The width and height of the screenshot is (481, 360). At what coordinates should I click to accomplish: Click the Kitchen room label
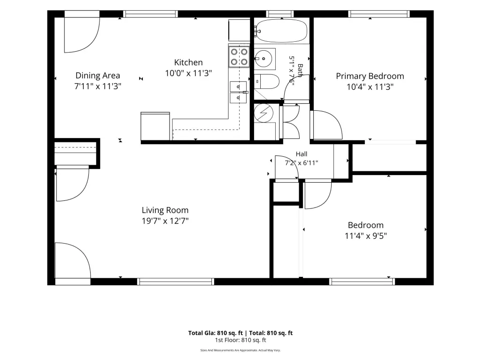click(x=188, y=62)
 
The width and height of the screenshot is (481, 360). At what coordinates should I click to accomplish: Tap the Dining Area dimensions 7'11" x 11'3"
click(x=98, y=86)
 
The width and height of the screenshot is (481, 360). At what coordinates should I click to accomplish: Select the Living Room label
click(x=165, y=210)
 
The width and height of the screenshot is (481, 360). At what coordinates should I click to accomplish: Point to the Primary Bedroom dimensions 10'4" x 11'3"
click(x=370, y=87)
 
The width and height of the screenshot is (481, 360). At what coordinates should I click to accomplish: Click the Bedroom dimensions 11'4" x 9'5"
click(x=365, y=236)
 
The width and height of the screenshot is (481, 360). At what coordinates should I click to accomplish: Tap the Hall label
click(x=302, y=154)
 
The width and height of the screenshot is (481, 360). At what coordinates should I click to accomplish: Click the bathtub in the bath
click(x=281, y=31)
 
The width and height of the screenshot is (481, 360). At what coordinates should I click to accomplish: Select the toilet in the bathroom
click(x=267, y=81)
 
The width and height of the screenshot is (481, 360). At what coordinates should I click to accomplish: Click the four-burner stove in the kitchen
click(x=239, y=57)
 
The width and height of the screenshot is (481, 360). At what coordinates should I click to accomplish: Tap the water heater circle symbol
click(x=264, y=113)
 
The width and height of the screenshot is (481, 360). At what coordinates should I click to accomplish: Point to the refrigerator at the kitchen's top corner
click(x=239, y=30)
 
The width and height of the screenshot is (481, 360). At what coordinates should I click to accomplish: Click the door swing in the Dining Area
click(x=82, y=35)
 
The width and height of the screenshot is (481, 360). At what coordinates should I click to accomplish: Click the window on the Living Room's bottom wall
click(x=176, y=282)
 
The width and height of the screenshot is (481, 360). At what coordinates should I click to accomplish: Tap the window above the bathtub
click(x=280, y=14)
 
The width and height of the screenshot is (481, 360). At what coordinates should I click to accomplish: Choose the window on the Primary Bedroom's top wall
click(x=379, y=14)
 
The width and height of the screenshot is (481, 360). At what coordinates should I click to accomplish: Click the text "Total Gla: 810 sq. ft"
click(x=215, y=333)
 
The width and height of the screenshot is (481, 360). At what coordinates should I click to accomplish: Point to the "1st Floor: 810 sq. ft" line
click(x=240, y=340)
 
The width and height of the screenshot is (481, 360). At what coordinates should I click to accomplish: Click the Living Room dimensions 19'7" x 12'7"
click(x=165, y=221)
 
